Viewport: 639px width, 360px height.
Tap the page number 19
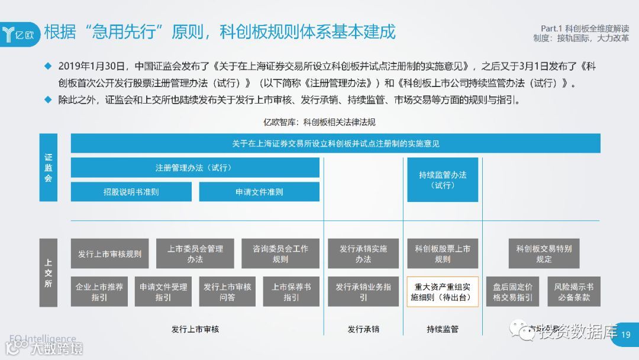[x=627, y=335]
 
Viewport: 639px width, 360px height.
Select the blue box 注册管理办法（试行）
[x=195, y=168]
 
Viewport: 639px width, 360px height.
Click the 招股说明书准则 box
[x=131, y=192]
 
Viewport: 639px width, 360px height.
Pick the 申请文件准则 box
[x=259, y=192]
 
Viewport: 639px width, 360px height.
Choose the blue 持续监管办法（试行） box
[x=443, y=180]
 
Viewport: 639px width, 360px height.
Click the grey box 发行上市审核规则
[x=110, y=254]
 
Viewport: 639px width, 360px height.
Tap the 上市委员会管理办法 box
[x=195, y=254]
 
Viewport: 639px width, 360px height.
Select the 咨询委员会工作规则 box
[x=280, y=254]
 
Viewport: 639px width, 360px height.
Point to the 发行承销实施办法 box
[x=363, y=254]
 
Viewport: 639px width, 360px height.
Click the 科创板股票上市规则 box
[x=443, y=254]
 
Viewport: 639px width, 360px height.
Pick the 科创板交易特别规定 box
[x=544, y=254]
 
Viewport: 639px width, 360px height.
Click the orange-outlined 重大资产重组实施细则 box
[x=443, y=291]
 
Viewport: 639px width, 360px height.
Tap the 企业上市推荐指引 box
[x=99, y=291]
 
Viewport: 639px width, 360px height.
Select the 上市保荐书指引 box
[x=291, y=291]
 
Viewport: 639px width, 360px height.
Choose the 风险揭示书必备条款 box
[x=574, y=291]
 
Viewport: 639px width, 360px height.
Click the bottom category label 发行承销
[x=363, y=329]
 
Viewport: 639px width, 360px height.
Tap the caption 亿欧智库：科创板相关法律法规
[x=319, y=123]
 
